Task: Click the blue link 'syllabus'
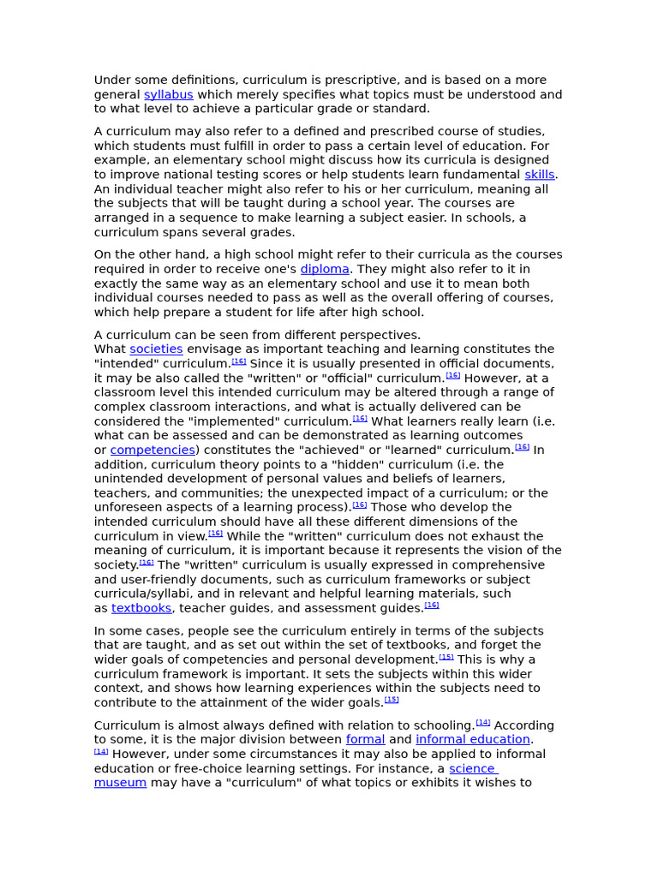pos(168,95)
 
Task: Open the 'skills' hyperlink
pos(539,175)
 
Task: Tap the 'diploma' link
pos(325,269)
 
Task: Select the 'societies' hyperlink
pos(156,349)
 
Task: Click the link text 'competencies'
pos(153,450)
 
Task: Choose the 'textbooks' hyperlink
pos(141,608)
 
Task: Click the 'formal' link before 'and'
pos(365,740)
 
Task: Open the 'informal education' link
pos(472,740)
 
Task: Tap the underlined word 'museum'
pos(120,783)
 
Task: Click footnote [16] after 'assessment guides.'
pos(432,606)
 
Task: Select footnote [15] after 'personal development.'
pos(446,657)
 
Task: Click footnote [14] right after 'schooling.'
pos(483,723)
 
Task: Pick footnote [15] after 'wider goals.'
pos(392,700)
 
